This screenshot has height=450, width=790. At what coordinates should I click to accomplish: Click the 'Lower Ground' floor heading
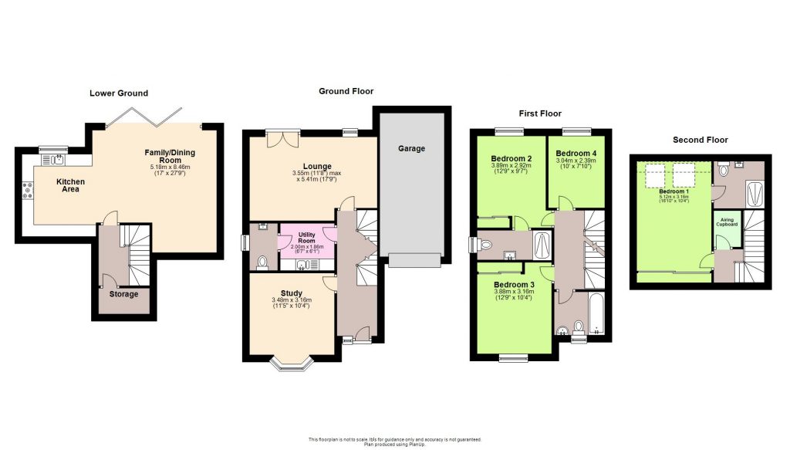point(118,93)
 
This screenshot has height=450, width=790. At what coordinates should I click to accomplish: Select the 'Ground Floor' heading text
point(346,91)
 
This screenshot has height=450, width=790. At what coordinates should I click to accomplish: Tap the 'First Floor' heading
point(538,113)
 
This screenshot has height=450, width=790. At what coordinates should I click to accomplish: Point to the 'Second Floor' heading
point(700,140)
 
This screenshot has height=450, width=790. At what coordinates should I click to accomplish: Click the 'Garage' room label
point(411,148)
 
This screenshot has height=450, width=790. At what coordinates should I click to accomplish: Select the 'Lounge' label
point(317,166)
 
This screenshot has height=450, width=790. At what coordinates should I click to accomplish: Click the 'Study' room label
point(291,293)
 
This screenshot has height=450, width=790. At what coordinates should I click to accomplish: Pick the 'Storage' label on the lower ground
point(123,294)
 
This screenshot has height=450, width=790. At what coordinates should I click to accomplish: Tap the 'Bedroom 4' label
point(576,153)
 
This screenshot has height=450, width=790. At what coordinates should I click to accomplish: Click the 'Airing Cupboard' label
point(728,223)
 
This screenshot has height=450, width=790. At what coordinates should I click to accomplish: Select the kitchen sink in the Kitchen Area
point(56,160)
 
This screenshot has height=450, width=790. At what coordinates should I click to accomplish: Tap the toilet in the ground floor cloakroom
point(261,262)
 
